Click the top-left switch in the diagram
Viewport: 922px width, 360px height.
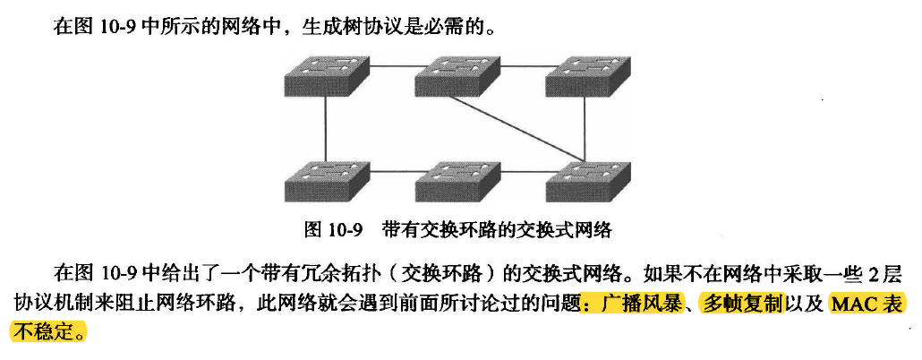pos(325,74)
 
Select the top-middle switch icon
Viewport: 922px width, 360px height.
pos(456,74)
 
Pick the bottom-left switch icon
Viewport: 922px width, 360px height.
pos(325,182)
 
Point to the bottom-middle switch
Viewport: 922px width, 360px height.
pos(456,182)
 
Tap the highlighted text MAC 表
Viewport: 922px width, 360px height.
pos(867,303)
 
